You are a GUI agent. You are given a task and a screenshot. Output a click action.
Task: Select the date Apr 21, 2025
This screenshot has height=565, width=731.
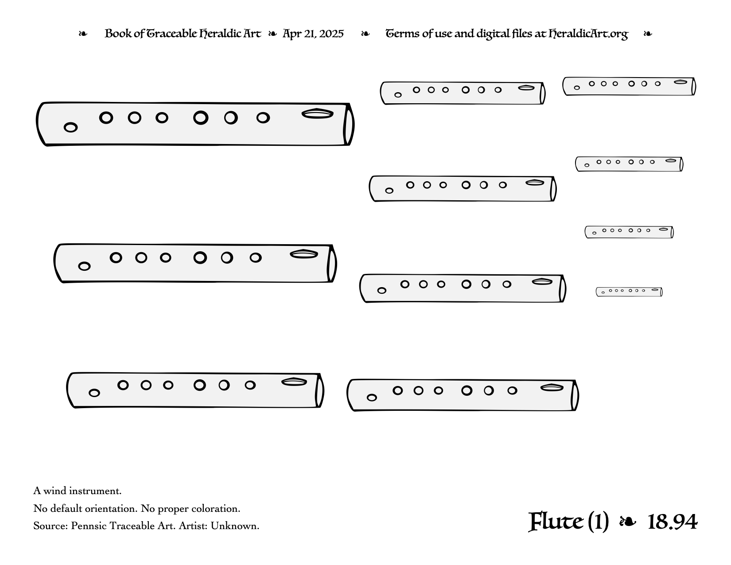313,34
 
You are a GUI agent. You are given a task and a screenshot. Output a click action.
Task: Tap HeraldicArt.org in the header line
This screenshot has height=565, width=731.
588,34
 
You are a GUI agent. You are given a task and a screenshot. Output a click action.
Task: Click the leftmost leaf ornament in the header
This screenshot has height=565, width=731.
83,34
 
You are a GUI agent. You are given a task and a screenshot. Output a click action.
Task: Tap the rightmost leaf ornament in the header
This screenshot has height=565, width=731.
648,34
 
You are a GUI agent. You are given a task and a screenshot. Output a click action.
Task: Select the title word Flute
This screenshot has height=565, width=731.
556,522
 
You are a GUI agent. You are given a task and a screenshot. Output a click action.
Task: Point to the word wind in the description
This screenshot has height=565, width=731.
55,491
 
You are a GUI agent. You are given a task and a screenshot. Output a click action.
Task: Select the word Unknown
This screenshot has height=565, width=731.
235,526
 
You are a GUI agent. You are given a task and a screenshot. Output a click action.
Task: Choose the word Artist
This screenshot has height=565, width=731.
193,526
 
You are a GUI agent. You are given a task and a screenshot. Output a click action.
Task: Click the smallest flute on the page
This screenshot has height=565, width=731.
629,292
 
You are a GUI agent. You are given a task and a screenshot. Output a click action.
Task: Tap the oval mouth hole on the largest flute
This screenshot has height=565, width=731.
317,114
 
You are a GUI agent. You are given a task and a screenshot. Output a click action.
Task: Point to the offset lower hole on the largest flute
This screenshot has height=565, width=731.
70,128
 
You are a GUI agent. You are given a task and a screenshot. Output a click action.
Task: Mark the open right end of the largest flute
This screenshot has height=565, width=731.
349,125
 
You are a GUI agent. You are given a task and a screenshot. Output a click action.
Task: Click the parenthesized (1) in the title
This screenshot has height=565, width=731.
598,522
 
